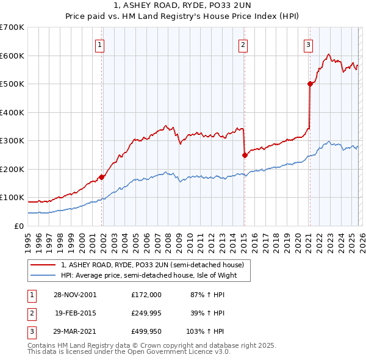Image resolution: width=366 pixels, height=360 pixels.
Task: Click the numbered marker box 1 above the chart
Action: coord(99,44)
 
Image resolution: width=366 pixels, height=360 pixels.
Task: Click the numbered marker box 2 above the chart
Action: coord(243,44)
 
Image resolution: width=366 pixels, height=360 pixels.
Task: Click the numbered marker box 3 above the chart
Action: coord(309,44)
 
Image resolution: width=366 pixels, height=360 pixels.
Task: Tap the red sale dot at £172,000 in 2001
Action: coord(102,177)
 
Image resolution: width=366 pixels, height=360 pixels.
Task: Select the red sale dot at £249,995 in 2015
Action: coord(245,155)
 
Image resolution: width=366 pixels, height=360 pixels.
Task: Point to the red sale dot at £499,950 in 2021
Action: coord(310,84)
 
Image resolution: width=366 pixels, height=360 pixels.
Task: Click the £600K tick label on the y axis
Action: coord(12,56)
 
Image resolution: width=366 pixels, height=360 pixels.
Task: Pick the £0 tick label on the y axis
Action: coord(20,226)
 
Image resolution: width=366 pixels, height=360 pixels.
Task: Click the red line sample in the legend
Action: coord(43,265)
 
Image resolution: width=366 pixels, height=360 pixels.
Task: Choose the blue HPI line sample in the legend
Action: coord(43,275)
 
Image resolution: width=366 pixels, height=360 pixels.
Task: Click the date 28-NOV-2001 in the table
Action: coord(75,295)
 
